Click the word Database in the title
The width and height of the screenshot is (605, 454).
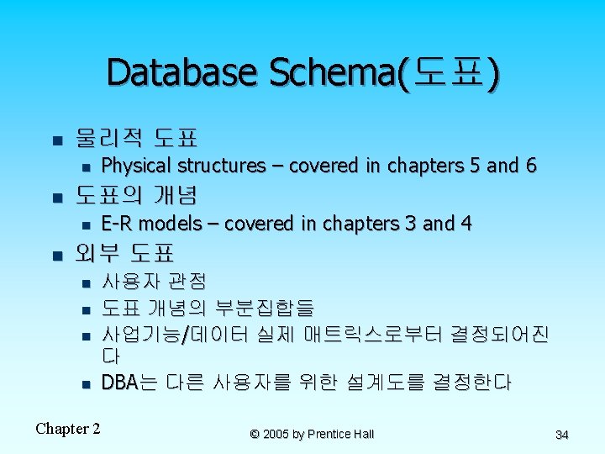point(181,72)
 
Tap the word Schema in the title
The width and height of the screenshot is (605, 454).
point(332,72)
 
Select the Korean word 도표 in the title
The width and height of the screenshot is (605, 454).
point(449,71)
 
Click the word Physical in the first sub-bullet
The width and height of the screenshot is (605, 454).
point(135,166)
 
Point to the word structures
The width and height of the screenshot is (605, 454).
point(222,166)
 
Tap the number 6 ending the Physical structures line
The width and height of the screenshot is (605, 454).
point(531,166)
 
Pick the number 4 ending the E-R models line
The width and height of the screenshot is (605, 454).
point(466,224)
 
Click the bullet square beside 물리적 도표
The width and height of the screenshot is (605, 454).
point(57,140)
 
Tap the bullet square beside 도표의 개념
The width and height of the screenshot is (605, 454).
point(57,198)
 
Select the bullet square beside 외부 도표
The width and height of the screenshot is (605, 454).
point(57,256)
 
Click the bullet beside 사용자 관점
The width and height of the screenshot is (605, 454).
point(86,284)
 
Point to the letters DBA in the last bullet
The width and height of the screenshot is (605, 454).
point(119,383)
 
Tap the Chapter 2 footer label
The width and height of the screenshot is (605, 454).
point(68,429)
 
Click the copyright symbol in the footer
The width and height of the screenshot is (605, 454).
point(255,435)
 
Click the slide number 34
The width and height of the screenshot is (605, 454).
point(562,435)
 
